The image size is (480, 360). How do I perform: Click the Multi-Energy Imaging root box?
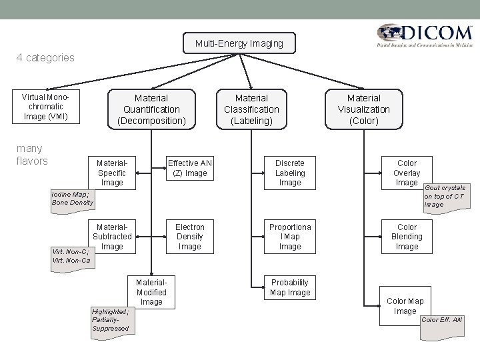point(239,43)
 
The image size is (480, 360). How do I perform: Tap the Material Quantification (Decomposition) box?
point(151,109)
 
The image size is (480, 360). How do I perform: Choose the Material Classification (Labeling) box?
point(251,109)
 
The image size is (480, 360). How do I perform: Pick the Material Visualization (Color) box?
point(364,109)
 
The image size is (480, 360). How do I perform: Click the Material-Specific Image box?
point(112,172)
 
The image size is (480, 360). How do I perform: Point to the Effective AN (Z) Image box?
point(190,168)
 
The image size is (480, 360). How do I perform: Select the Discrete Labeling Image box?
point(290,172)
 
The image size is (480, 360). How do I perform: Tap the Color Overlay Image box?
point(407,172)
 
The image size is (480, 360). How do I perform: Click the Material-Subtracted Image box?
point(112,236)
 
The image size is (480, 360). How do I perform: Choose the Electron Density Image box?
point(190,236)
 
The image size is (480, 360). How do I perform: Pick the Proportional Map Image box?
point(290,236)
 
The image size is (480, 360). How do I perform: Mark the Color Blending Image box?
point(407,236)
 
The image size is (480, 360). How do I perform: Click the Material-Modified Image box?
point(151,291)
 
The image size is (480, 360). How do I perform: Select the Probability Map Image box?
point(290,287)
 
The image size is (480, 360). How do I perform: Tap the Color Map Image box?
point(405,305)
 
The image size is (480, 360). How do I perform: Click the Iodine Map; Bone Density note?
point(73,199)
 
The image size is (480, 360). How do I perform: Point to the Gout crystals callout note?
point(444,197)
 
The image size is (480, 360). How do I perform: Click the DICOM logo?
point(423,36)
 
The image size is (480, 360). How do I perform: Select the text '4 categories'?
point(45,57)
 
